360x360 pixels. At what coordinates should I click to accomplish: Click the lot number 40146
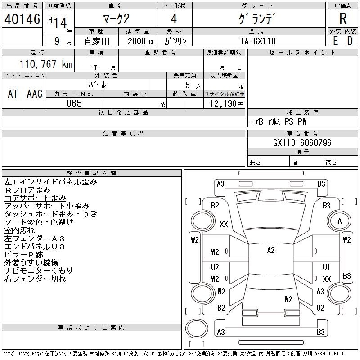click(x=22, y=19)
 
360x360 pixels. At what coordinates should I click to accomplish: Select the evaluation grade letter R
click(x=343, y=19)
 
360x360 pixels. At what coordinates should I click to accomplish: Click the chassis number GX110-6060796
click(x=302, y=143)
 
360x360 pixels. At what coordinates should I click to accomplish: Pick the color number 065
click(x=74, y=103)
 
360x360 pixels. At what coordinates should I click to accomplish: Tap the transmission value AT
click(x=13, y=94)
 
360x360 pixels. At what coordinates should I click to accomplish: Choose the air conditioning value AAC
click(x=35, y=94)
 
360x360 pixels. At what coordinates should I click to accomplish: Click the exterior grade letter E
click(x=335, y=40)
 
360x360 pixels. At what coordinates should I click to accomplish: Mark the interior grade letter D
click(x=350, y=40)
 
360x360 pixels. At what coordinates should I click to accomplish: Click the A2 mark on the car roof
click(x=270, y=250)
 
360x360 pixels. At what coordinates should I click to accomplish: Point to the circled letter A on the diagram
click(x=340, y=221)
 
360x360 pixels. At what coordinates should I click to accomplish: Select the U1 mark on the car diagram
click(x=327, y=267)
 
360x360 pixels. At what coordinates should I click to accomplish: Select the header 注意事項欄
click(x=123, y=134)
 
